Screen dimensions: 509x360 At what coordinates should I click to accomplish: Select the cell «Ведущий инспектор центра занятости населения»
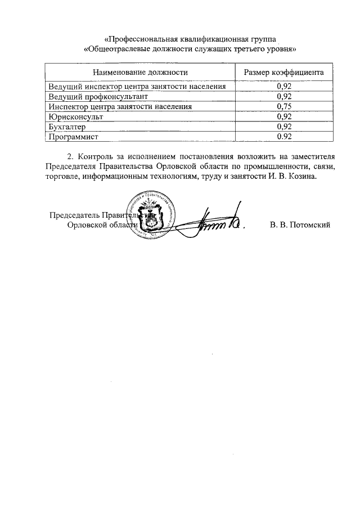click(137, 87)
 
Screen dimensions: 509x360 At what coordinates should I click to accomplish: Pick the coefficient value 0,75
click(284, 106)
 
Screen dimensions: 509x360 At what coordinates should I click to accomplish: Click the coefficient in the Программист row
click(284, 137)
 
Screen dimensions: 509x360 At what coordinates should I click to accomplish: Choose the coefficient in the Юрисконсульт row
click(284, 116)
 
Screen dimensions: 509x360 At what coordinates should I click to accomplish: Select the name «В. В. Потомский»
click(300, 225)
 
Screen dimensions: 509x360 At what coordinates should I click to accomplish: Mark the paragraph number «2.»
click(70, 156)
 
